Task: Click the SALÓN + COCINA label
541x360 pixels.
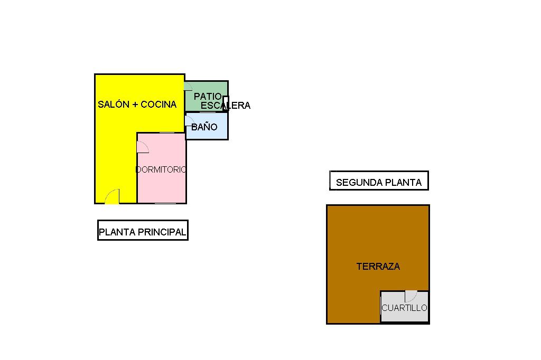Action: click(x=137, y=105)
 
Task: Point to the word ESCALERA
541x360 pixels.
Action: click(x=225, y=106)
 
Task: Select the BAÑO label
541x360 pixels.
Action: click(x=204, y=127)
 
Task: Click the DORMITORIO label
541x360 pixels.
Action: click(x=161, y=170)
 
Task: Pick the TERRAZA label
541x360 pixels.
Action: click(x=378, y=267)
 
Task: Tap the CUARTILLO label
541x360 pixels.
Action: click(x=404, y=308)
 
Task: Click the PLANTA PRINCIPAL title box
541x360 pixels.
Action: click(x=143, y=231)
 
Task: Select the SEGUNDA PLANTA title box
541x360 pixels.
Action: click(x=379, y=181)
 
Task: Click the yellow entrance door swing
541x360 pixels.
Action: click(x=112, y=197)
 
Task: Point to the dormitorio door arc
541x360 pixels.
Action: click(x=142, y=147)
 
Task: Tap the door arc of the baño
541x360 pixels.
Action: click(x=189, y=120)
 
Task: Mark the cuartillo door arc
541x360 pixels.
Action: click(x=411, y=296)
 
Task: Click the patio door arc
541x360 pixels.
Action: click(x=188, y=87)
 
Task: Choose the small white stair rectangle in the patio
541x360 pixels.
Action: click(x=226, y=103)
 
